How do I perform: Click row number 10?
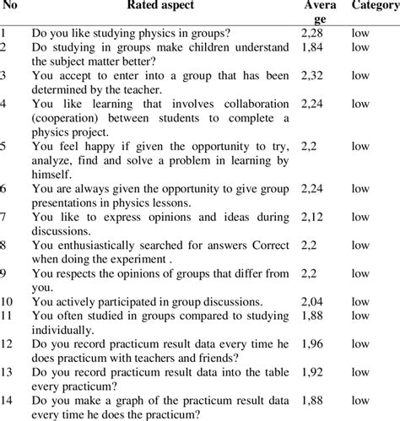click(x=8, y=301)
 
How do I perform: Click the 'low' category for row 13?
click(x=360, y=370)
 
